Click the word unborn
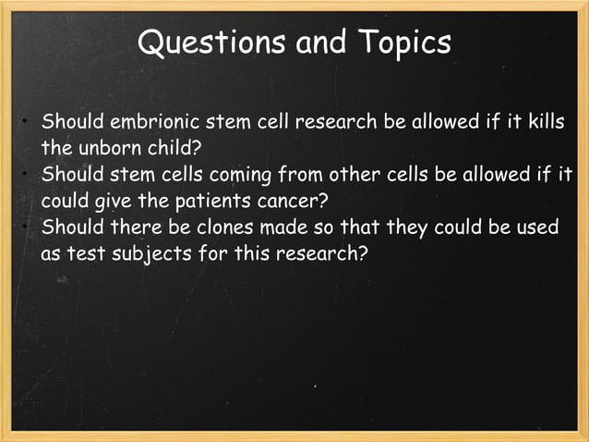(106, 148)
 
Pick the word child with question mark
(172, 148)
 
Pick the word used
(538, 227)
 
